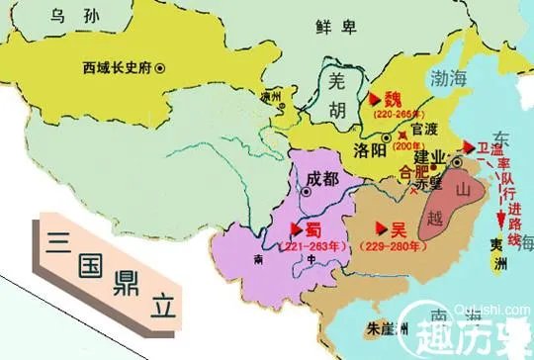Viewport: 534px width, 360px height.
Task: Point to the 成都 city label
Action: point(327,179)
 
